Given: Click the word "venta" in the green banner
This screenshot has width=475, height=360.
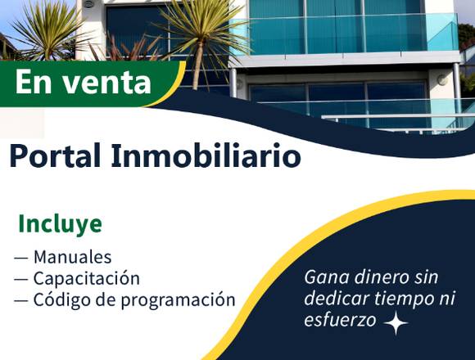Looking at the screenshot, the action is (x=106, y=83).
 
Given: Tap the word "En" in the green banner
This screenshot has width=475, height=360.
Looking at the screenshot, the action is (x=34, y=82).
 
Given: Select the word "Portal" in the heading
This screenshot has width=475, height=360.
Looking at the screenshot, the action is (x=55, y=155).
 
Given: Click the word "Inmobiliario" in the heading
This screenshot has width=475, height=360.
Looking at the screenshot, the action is (x=206, y=155).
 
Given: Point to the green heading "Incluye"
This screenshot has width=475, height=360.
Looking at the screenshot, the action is (x=61, y=224).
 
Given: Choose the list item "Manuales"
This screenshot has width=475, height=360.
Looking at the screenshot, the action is (x=72, y=257).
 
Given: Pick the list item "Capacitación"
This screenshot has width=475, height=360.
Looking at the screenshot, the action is (x=86, y=278).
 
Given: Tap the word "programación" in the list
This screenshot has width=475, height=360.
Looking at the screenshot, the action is (x=178, y=299).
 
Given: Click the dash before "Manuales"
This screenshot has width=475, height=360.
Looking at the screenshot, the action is (x=21, y=258).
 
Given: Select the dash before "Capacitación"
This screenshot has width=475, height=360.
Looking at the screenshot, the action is (x=21, y=279).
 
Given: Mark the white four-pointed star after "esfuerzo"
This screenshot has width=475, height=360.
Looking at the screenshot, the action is (x=396, y=323).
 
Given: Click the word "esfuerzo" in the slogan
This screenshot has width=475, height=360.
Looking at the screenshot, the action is (x=340, y=320).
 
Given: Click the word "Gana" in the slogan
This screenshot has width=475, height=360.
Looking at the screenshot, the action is (x=326, y=277).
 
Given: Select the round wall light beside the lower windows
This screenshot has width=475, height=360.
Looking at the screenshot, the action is (x=441, y=80).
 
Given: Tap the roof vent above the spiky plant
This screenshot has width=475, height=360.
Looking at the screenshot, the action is (x=89, y=4).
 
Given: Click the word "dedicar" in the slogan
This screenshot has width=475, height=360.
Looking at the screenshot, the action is (x=336, y=299).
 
